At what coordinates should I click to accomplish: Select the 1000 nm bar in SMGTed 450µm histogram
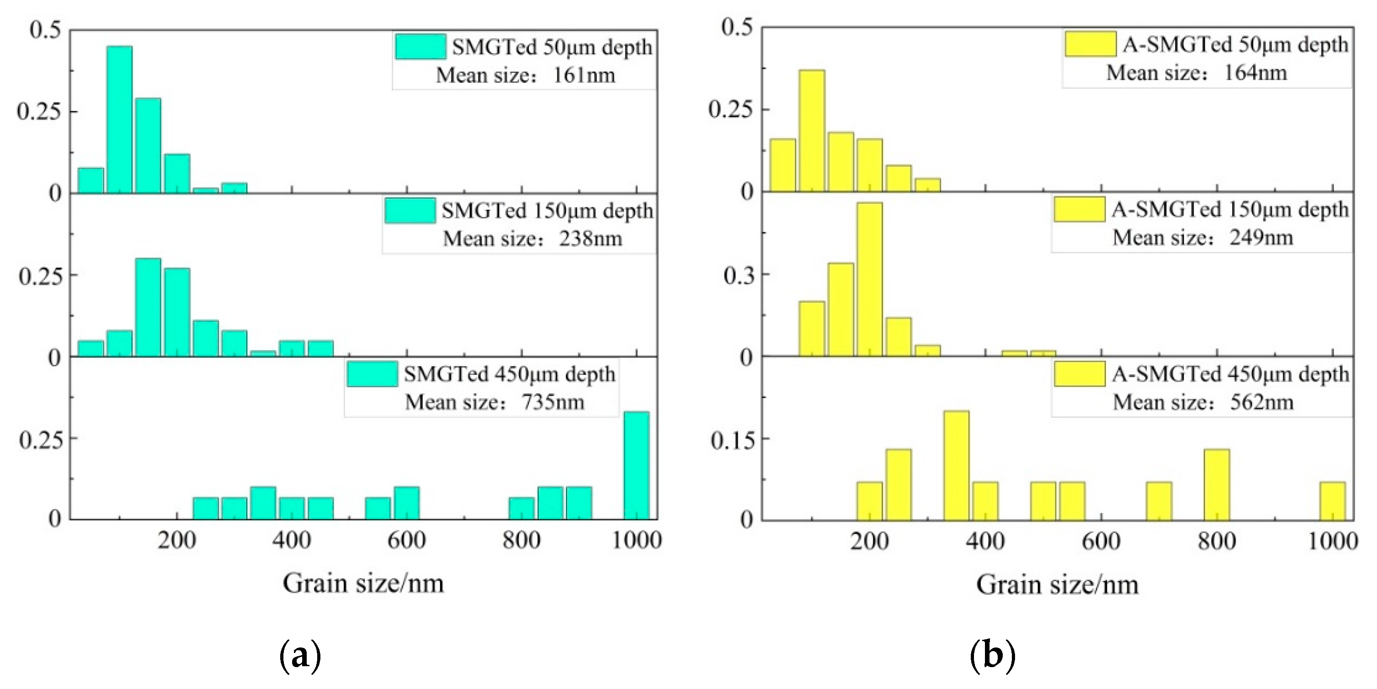[637, 465]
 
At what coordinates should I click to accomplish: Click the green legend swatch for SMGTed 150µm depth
[410, 211]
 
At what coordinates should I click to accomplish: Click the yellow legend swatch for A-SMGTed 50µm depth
[1090, 44]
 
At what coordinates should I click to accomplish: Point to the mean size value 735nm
[553, 402]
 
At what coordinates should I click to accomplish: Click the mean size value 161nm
[584, 75]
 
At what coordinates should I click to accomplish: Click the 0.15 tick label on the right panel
[733, 440]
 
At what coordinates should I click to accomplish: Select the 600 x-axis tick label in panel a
[406, 540]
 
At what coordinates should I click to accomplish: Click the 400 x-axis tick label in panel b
[985, 542]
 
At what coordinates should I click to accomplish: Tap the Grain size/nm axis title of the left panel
[363, 583]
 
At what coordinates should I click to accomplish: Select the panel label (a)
[300, 656]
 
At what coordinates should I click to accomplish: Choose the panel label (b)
[992, 656]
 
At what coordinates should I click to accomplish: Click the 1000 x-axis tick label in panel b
[1332, 542]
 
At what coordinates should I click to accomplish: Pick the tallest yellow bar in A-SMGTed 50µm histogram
[812, 131]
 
